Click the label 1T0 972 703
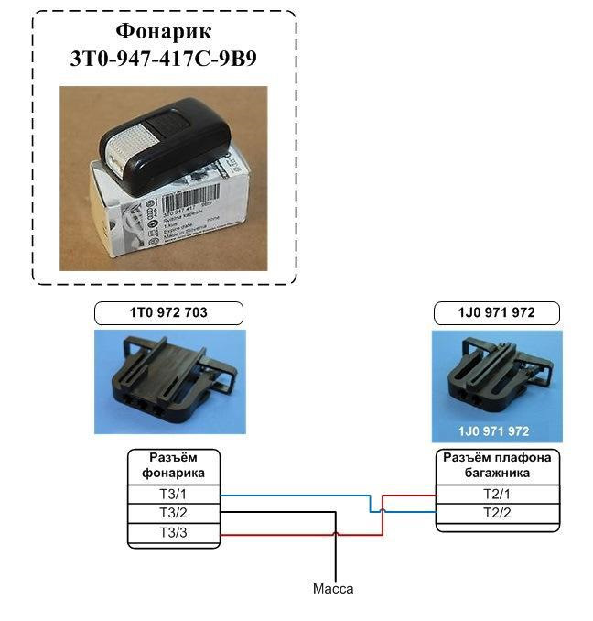[168, 313]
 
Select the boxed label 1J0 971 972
[496, 313]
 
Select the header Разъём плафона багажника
[495, 465]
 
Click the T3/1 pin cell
[173, 495]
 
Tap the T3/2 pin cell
[173, 513]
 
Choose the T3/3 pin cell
[173, 532]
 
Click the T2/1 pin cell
[495, 495]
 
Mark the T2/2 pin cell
[495, 513]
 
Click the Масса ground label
[332, 589]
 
